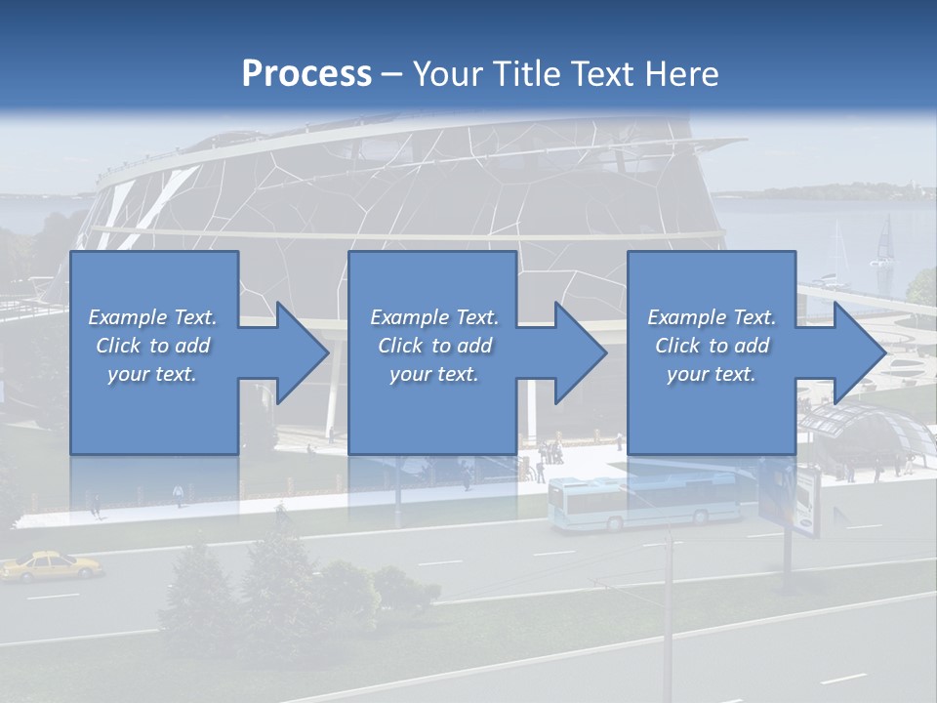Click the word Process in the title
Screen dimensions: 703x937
[306, 74]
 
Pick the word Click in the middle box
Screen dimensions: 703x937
[400, 346]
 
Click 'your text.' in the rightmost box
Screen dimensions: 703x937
[712, 374]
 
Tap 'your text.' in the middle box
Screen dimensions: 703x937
[433, 374]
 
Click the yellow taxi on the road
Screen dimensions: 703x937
[51, 565]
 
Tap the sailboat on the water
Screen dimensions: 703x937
[884, 244]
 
